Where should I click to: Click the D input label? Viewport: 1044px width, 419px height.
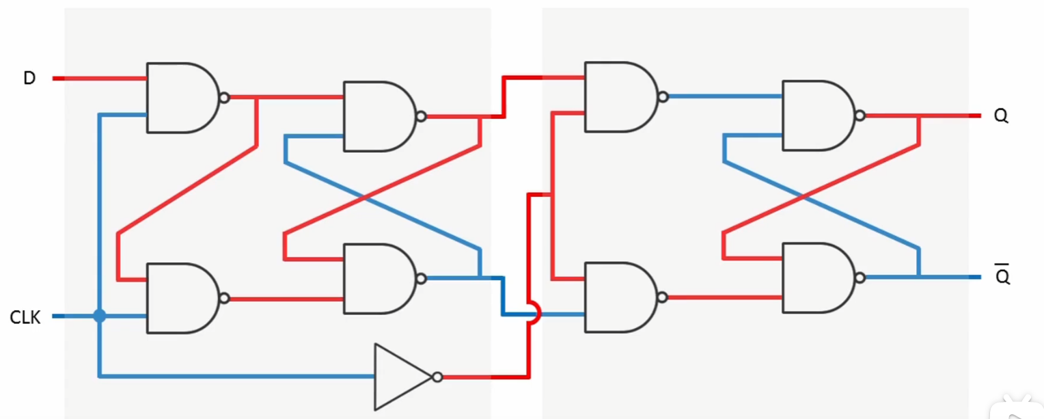[x=29, y=78]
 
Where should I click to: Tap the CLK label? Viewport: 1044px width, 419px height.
[x=25, y=317]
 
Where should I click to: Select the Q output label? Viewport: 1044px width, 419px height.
[x=1001, y=116]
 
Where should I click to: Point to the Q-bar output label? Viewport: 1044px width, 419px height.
[x=1002, y=275]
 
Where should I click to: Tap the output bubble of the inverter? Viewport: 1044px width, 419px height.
[x=437, y=377]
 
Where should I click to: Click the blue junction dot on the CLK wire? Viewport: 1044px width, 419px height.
[x=99, y=316]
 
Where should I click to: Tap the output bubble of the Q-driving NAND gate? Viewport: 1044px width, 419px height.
[x=860, y=116]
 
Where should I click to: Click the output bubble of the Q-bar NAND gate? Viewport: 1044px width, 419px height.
[x=860, y=278]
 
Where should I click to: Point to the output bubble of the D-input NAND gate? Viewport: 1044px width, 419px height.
[x=224, y=98]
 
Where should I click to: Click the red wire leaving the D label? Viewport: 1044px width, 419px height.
[x=99, y=79]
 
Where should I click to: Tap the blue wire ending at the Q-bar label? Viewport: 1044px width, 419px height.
[x=923, y=278]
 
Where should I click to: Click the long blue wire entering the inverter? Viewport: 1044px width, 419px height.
[x=237, y=376]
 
